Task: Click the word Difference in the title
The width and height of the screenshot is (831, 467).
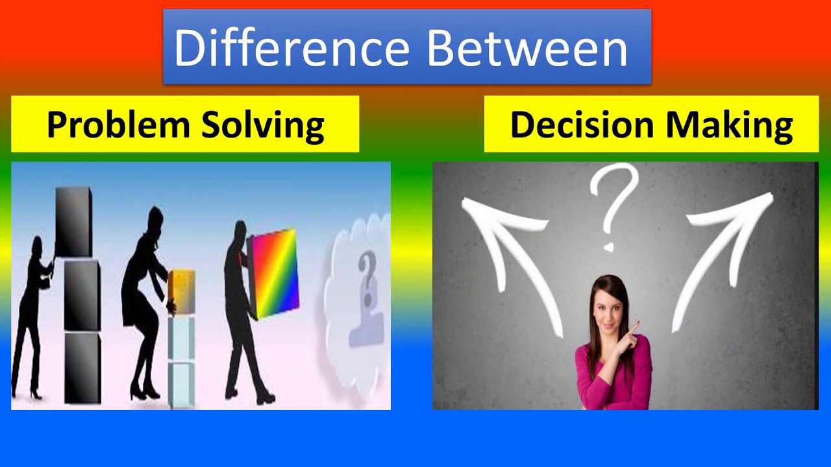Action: (291, 48)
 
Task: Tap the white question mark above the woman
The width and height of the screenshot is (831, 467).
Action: (610, 201)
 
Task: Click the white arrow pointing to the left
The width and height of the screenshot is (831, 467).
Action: (506, 253)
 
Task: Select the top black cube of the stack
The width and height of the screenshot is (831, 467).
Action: (73, 222)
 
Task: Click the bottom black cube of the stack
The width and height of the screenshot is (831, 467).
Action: (82, 366)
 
